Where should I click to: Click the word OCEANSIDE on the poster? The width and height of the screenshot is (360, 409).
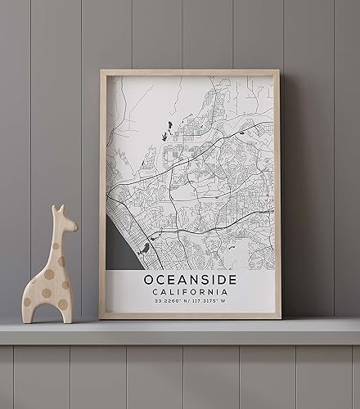coord(190,280)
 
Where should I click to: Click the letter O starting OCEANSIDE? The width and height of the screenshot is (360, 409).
coord(150,280)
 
